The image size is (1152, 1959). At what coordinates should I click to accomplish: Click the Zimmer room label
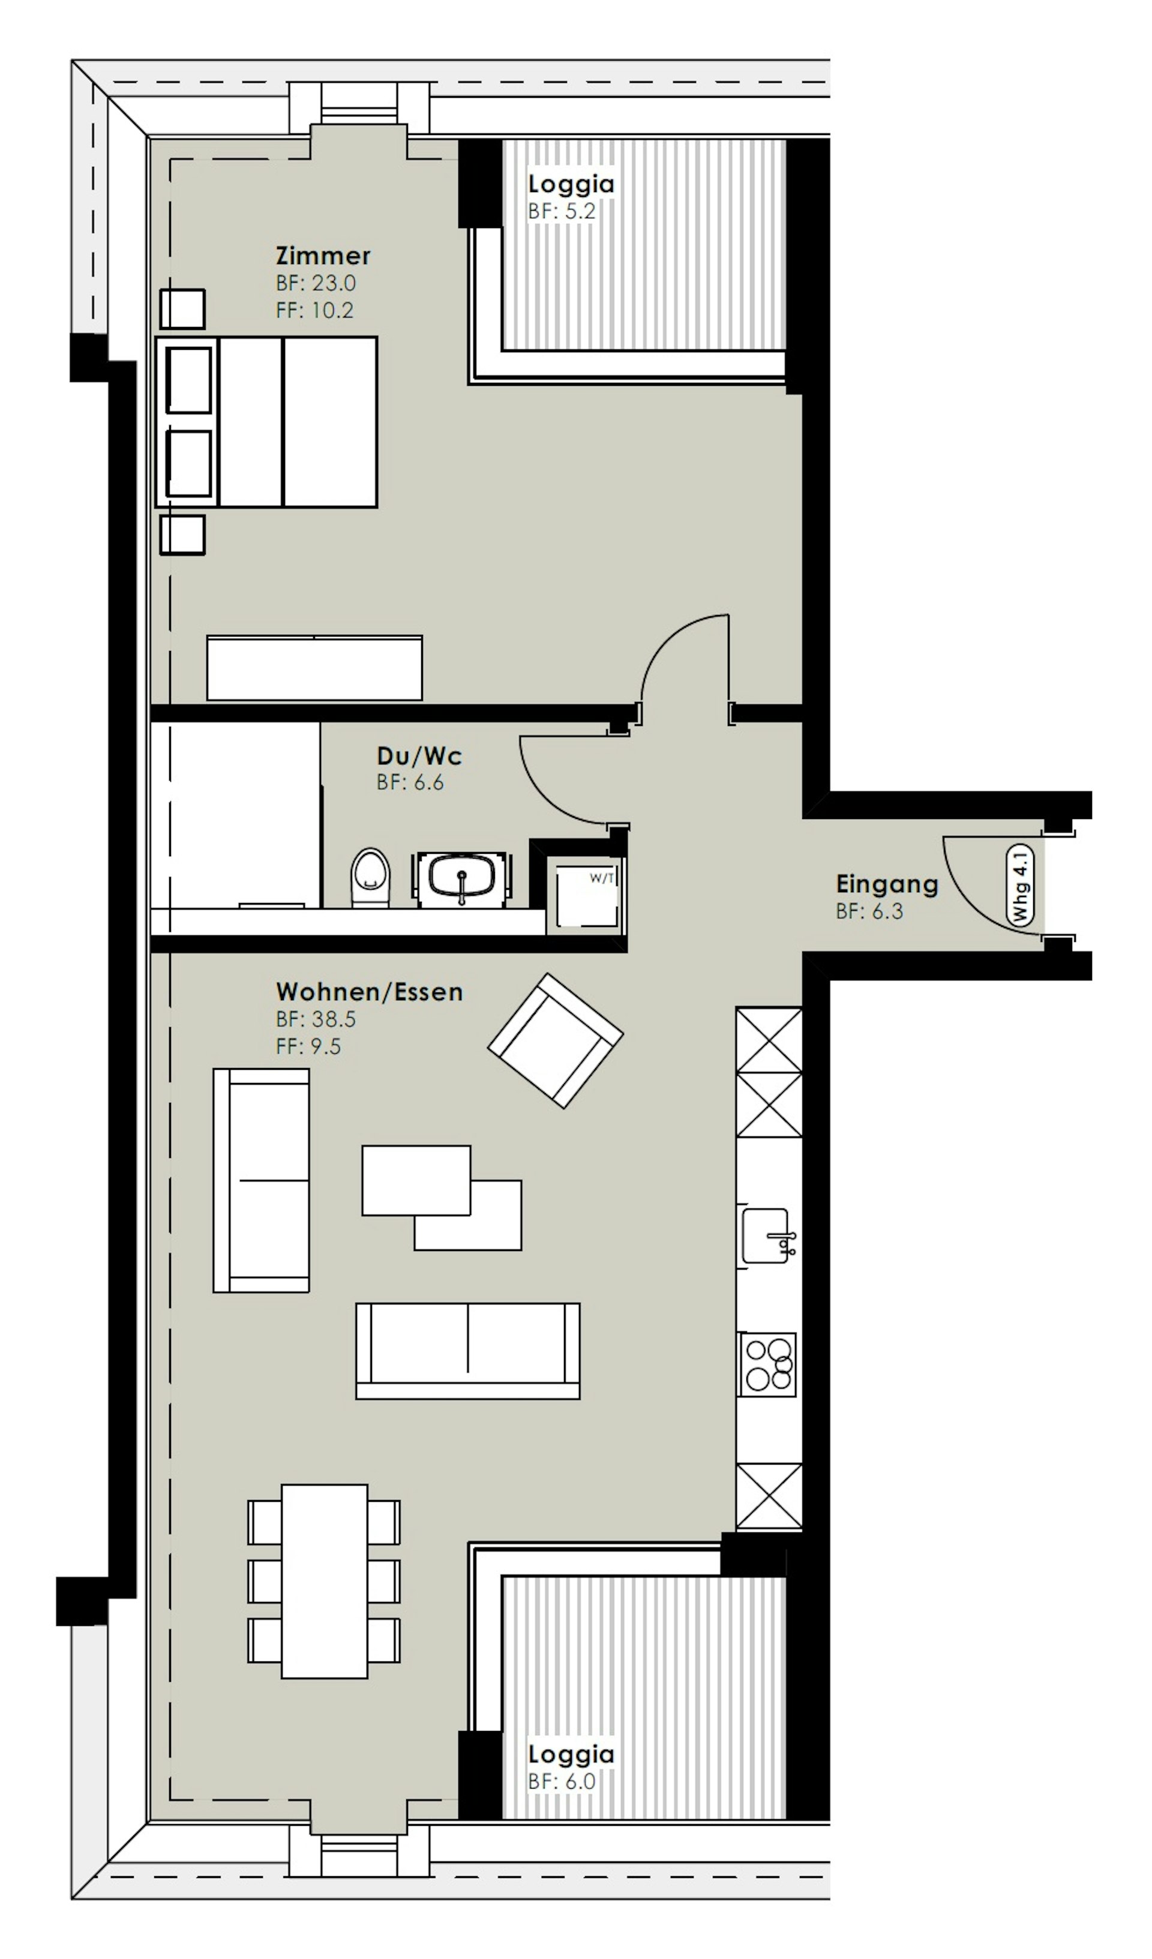[x=323, y=256]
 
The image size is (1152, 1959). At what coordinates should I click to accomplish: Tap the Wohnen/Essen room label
[x=369, y=992]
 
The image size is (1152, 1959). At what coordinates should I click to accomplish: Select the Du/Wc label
[x=419, y=755]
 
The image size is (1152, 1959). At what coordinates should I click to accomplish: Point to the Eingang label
[x=887, y=884]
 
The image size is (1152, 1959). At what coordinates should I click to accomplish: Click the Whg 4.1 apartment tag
[x=1020, y=887]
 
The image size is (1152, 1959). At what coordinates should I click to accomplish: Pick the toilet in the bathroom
[x=370, y=878]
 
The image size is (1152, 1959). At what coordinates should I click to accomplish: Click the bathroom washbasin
[x=463, y=878]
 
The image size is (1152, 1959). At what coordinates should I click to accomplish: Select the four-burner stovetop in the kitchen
[x=769, y=1364]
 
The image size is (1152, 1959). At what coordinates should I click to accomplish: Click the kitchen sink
[x=767, y=1235]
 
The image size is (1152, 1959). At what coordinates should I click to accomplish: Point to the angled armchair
[x=555, y=1040]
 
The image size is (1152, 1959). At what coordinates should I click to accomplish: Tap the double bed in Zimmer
[x=266, y=422]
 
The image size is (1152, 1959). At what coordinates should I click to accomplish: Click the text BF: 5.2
[x=561, y=211]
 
